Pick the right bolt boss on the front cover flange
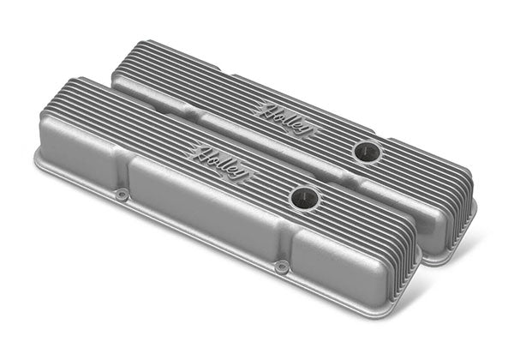click(x=280, y=266)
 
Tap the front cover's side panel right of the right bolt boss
click(x=338, y=266)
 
